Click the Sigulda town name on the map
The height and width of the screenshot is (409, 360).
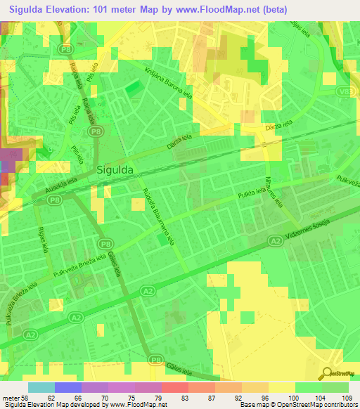pos(115,169)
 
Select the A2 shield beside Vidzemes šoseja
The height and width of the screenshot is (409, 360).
pos(276,240)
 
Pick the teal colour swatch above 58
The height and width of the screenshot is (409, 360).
pos(41,387)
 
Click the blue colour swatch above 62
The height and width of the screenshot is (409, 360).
pos(67,387)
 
